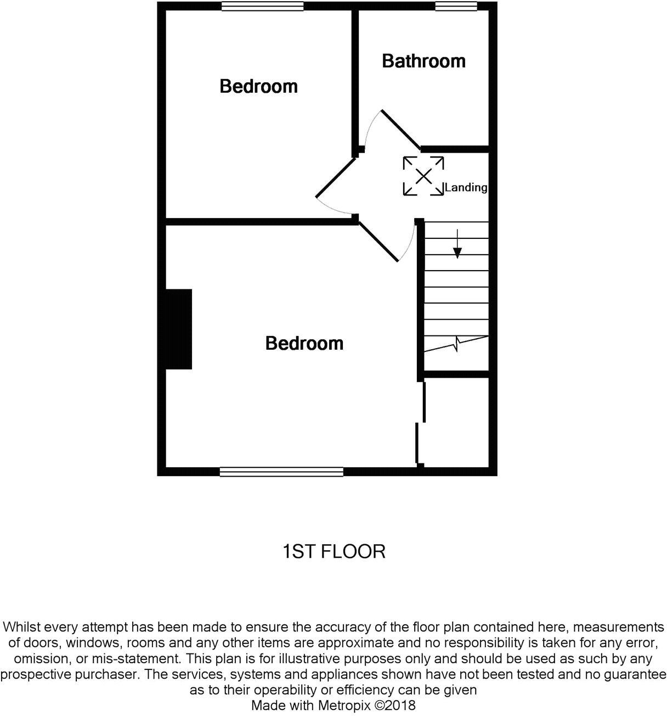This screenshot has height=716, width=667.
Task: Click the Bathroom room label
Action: pyautogui.click(x=423, y=61)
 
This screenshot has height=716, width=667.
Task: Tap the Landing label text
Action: pyautogui.click(x=466, y=188)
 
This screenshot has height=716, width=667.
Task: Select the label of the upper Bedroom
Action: pyautogui.click(x=258, y=86)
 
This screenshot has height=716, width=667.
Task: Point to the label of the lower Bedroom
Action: pyautogui.click(x=304, y=343)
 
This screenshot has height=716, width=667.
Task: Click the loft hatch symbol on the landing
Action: pyautogui.click(x=423, y=176)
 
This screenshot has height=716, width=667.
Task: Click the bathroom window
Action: pyautogui.click(x=456, y=6)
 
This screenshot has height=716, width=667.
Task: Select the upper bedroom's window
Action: pyautogui.click(x=262, y=6)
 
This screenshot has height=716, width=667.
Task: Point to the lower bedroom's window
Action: pyautogui.click(x=281, y=471)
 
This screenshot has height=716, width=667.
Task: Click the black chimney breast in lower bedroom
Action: pyautogui.click(x=179, y=329)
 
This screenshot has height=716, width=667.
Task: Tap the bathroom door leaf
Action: pyautogui.click(x=400, y=130)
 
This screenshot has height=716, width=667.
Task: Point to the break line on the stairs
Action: pyautogui.click(x=456, y=344)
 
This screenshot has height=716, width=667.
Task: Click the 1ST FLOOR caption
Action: pyautogui.click(x=333, y=551)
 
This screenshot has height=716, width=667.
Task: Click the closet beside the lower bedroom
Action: pyautogui.click(x=456, y=422)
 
